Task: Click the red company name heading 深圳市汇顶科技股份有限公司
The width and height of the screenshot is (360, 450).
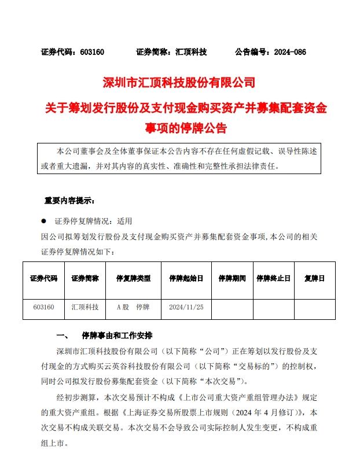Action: [x=179, y=82]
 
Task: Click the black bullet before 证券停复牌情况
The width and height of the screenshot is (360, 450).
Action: [x=43, y=221]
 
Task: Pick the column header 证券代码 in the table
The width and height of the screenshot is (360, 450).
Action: [x=44, y=278]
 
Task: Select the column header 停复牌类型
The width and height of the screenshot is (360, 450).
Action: [x=133, y=278]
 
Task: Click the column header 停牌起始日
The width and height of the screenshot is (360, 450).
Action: [x=186, y=278]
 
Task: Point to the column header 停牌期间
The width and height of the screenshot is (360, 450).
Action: [x=232, y=278]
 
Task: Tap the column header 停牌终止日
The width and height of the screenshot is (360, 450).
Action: [x=273, y=278]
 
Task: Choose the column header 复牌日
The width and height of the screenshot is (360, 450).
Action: [x=314, y=278]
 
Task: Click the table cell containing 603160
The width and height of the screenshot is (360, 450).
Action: [x=44, y=307]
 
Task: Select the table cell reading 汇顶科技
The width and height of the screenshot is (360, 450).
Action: [x=85, y=307]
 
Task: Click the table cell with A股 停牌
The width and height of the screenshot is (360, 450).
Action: [x=133, y=307]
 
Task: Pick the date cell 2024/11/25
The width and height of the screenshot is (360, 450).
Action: [x=186, y=307]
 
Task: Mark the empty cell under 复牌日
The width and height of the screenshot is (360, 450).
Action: [x=314, y=307]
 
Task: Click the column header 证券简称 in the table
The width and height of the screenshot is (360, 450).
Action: [x=85, y=278]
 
